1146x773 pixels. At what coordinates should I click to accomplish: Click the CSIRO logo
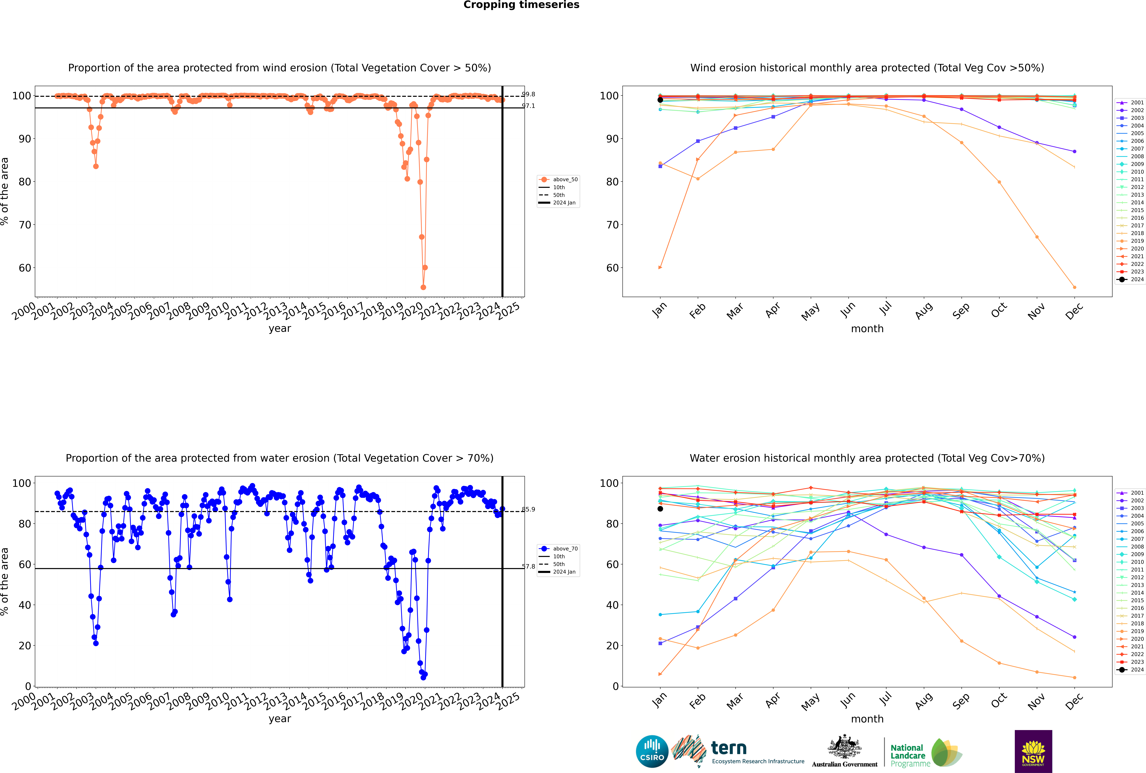tap(652, 751)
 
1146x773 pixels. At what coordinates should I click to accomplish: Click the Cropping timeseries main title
tap(521, 5)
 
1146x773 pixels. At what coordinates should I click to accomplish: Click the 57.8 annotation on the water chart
tap(528, 566)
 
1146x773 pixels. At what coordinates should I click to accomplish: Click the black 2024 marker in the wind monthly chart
tap(660, 100)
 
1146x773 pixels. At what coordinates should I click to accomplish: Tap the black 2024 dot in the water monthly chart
tap(660, 509)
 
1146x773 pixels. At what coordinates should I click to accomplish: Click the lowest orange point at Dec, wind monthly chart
tap(1075, 287)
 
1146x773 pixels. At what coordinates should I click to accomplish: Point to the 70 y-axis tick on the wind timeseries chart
tap(25, 225)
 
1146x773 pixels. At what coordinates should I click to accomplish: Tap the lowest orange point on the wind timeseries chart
tap(423, 287)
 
